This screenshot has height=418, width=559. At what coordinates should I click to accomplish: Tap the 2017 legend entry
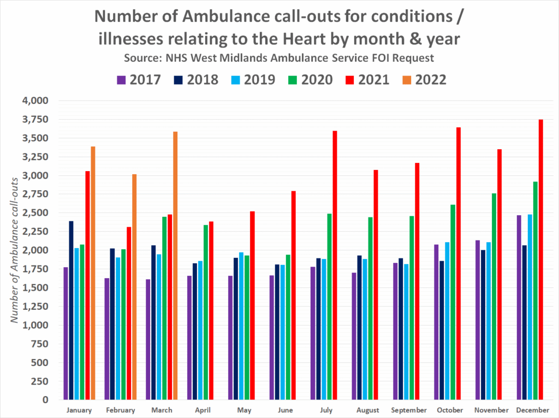(139, 80)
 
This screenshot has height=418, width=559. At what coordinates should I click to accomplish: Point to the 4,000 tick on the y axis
(35, 101)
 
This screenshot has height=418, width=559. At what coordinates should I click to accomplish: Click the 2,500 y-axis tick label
(35, 213)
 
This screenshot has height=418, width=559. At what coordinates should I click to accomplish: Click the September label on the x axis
(409, 410)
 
